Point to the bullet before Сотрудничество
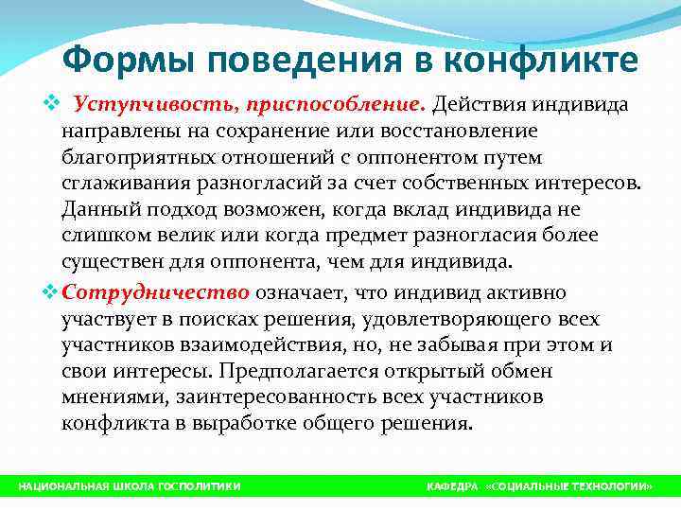point(50,291)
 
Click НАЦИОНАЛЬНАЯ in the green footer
point(59,486)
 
